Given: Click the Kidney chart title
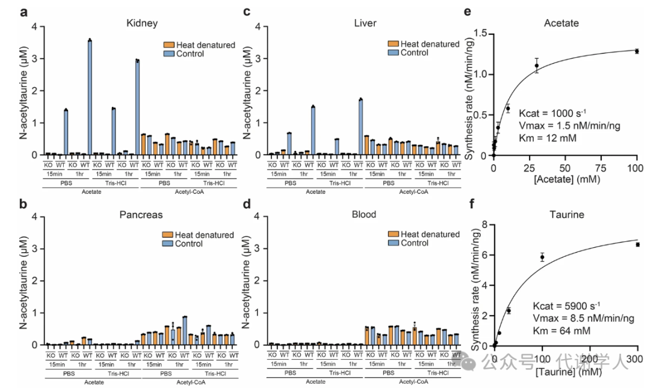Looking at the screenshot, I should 142,23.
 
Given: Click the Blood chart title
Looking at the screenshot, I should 365,214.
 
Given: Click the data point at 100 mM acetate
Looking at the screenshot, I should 637,51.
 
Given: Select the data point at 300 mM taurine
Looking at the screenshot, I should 637,245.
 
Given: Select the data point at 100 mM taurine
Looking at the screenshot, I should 542,257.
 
